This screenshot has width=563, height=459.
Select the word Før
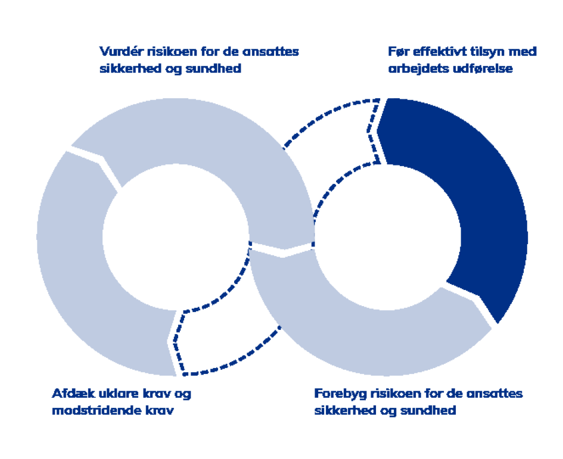click(x=397, y=52)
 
